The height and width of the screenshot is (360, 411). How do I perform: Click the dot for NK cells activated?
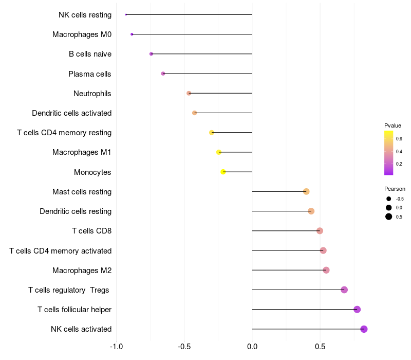click(364, 329)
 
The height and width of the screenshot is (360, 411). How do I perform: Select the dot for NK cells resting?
click(126, 14)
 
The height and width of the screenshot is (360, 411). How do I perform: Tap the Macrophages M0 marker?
click(132, 34)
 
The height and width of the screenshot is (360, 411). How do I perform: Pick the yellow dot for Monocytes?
click(223, 172)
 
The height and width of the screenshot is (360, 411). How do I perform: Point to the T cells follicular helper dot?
click(357, 309)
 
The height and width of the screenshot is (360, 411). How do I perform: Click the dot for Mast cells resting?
click(306, 192)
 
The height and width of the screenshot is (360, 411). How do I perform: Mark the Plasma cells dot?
click(163, 74)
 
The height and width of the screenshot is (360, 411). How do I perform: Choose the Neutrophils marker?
click(189, 93)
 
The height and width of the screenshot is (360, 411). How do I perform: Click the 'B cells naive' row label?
click(90, 54)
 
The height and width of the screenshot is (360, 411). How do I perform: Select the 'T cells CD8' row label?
click(91, 231)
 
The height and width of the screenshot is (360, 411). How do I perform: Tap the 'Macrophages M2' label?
click(82, 270)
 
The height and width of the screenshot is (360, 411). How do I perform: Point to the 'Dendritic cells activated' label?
click(71, 113)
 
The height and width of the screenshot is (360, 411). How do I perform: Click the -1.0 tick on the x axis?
click(117, 347)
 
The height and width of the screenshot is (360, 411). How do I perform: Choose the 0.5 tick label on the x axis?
click(320, 347)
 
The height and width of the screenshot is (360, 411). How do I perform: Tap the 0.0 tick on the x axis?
click(252, 347)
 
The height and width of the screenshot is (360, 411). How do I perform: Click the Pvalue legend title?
click(393, 125)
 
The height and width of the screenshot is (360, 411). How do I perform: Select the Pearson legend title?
click(395, 189)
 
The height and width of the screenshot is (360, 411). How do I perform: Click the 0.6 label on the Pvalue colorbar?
click(399, 139)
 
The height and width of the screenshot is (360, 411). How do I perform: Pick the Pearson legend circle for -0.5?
click(389, 199)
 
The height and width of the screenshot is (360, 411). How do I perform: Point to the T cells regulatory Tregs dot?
click(344, 290)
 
